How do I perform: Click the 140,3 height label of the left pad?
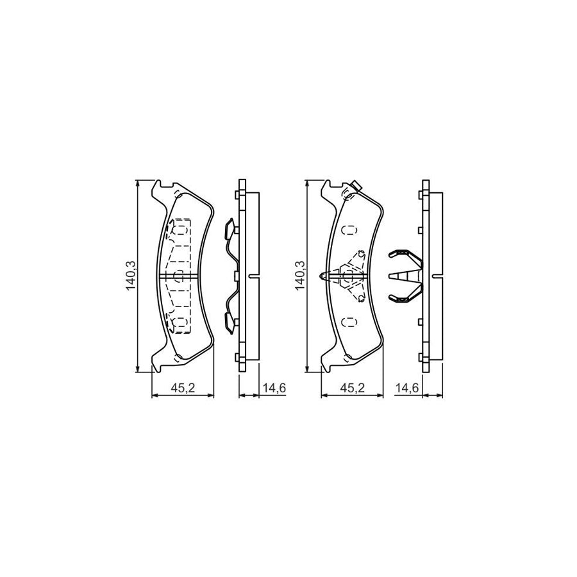coord(131,276)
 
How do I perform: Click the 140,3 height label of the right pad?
coord(299,276)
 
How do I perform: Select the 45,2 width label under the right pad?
coord(352,388)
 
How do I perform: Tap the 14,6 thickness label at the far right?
coord(408,388)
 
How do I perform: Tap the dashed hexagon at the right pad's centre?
coord(350,276)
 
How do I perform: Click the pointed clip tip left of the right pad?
coord(324,276)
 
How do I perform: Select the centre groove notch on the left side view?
coord(255,276)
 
